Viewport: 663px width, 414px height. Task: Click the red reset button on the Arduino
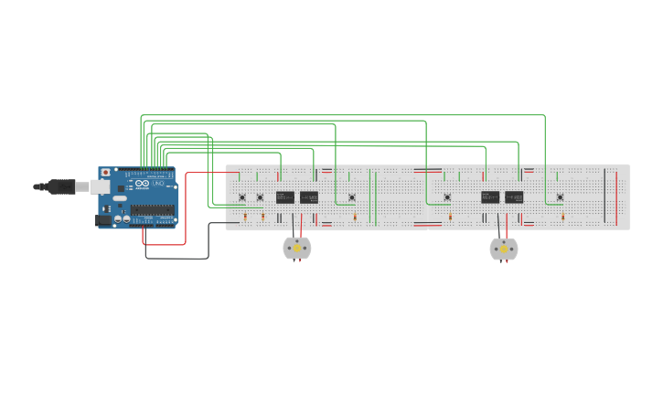click(105, 172)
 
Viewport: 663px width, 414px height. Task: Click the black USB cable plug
click(61, 186)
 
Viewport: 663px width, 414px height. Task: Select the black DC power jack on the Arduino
click(103, 219)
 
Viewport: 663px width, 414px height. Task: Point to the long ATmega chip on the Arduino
click(152, 210)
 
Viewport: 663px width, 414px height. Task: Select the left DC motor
click(297, 248)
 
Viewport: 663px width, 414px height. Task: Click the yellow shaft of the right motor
click(503, 249)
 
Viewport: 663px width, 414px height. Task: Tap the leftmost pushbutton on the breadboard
click(242, 197)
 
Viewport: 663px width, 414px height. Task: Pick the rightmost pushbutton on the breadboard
click(560, 197)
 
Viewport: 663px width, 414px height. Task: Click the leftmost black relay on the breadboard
click(285, 197)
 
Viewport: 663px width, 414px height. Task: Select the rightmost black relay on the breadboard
click(514, 197)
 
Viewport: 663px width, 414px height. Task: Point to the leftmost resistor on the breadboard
click(245, 217)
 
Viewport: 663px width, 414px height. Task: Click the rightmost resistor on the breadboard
click(562, 217)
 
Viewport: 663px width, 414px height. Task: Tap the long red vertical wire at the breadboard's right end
click(615, 196)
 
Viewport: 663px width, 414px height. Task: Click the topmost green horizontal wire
click(343, 115)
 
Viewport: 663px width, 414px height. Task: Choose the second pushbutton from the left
click(260, 197)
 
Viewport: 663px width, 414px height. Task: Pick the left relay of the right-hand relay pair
click(490, 197)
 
